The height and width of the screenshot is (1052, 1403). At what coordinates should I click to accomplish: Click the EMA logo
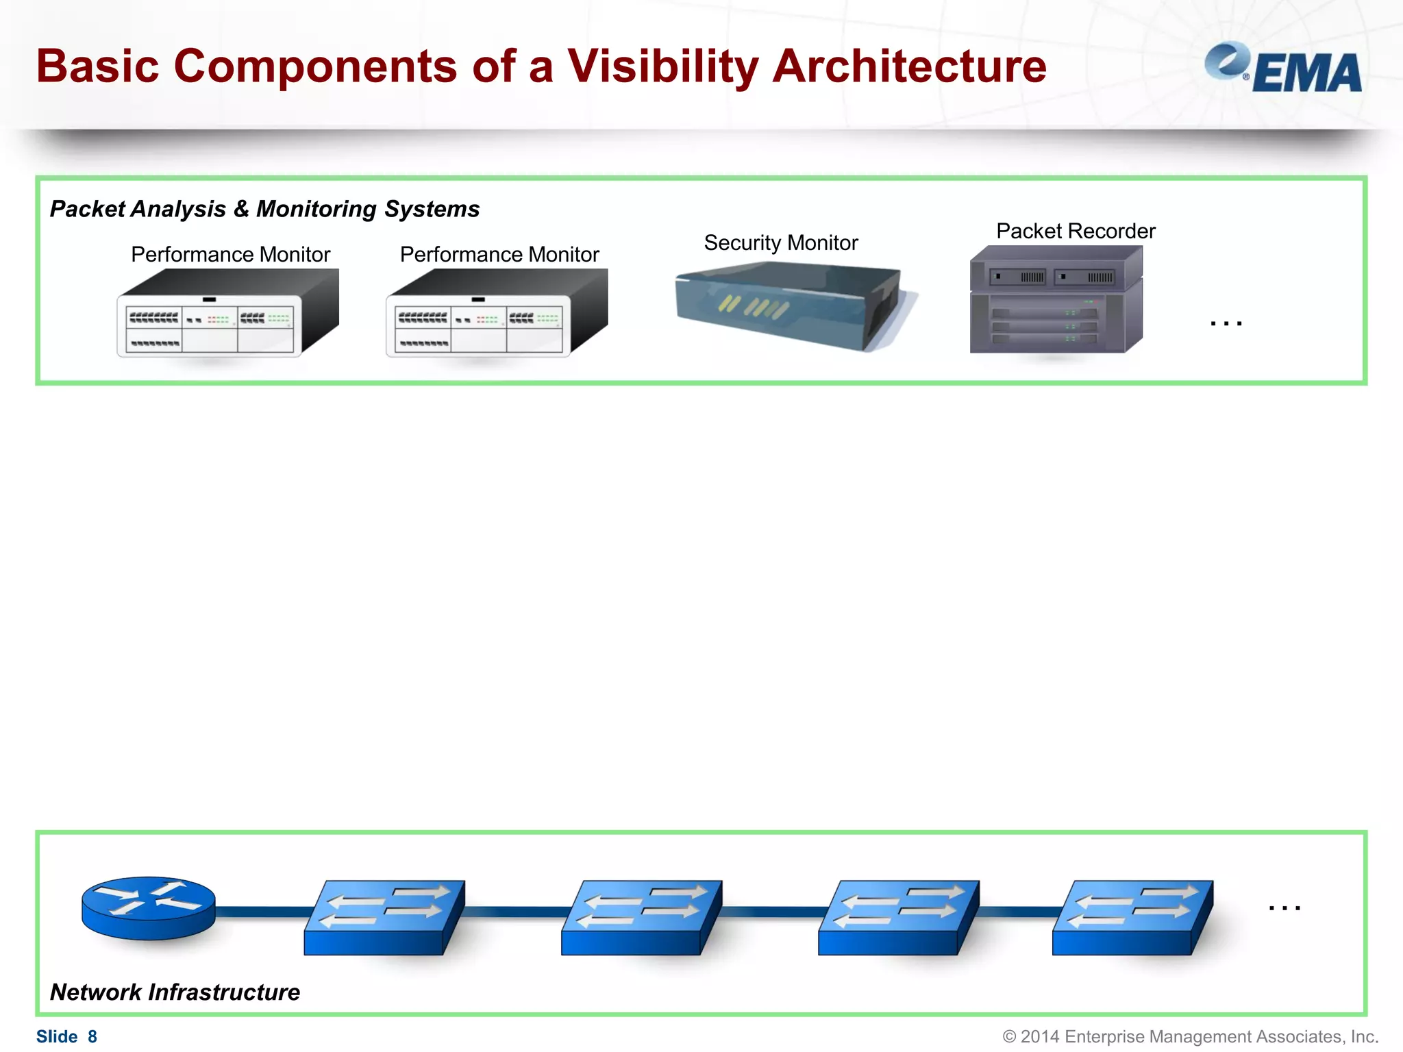coord(1282,68)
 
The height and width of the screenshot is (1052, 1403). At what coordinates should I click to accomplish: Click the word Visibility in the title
coord(662,66)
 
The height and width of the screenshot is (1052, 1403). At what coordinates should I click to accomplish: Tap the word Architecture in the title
coord(909,66)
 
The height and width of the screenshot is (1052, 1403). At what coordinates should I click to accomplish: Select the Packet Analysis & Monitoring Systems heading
coord(264,209)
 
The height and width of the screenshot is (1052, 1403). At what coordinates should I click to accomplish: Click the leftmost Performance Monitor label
coord(230,254)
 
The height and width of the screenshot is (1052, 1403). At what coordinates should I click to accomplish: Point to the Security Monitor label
coord(780,242)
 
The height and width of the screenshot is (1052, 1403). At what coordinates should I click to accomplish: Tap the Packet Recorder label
coord(1075,231)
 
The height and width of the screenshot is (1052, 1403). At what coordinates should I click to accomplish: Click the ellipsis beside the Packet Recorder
coord(1226,323)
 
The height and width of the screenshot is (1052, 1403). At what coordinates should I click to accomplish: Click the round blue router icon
coord(148,907)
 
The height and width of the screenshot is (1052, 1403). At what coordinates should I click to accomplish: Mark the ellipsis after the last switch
coord(1284,907)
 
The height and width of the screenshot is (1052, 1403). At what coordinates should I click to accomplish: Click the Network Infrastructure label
coord(175,992)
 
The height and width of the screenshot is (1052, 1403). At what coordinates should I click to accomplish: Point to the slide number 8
coord(92,1036)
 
